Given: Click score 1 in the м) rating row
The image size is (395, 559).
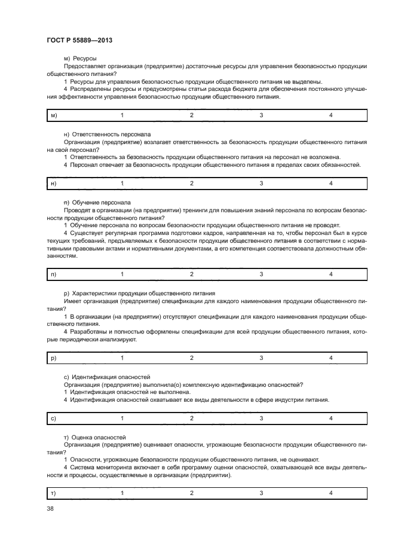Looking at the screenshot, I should [123, 114].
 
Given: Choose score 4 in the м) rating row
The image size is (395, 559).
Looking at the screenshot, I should [330, 114].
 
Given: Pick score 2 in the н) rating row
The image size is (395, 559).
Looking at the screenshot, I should [192, 183].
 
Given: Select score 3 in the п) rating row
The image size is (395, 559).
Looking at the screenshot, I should [261, 274].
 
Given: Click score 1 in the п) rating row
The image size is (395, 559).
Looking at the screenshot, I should [123, 274].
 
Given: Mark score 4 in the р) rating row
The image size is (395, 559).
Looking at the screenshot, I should [330, 358].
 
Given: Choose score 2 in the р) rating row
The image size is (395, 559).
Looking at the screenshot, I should [192, 358].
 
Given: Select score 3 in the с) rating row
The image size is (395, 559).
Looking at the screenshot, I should [261, 419].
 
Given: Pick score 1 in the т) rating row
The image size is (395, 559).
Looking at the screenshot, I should [123, 493].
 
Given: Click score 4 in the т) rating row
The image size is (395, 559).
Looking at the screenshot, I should [330, 493].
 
